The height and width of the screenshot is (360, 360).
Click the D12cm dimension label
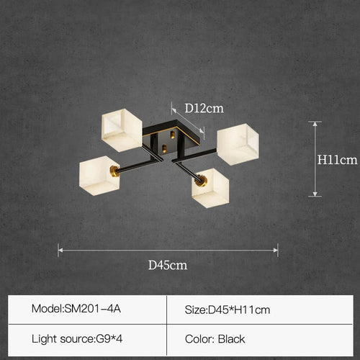coord(204,109)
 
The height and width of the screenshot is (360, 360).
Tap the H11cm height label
coord(337,160)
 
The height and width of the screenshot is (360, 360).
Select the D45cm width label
coord(168,265)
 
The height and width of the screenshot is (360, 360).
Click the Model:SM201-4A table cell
coord(87,310)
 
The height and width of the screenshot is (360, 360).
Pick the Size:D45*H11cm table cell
coord(260,310)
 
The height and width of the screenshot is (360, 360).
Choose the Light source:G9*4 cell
coord(87,339)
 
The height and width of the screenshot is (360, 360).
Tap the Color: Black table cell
coord(260,339)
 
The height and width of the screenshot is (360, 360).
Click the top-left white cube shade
coord(122,130)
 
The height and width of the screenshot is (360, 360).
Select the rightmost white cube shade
coord(238,144)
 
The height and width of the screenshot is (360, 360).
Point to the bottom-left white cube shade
coord(99,176)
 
